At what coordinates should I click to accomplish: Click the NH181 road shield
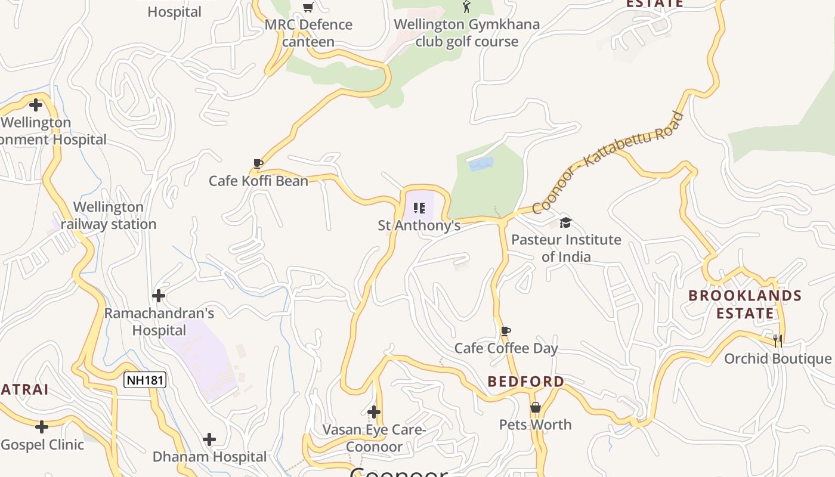144,380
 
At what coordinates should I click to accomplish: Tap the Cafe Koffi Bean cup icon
258,163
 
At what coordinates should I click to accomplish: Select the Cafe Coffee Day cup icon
506,331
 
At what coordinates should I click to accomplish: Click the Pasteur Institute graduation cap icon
565,222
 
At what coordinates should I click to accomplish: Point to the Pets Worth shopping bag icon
536,407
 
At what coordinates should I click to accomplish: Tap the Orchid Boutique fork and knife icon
778,341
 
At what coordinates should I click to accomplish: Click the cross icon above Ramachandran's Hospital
159,296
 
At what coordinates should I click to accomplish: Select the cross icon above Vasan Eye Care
374,412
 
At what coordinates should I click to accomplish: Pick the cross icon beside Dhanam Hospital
209,440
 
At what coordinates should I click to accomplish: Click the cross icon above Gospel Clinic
42,427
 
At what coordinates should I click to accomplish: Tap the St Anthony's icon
419,208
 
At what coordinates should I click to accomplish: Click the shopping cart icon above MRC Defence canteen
308,7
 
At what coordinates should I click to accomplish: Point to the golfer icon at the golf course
466,7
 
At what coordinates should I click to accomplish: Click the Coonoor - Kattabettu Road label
607,162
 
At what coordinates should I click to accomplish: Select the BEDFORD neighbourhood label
525,382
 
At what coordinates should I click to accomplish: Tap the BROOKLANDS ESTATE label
745,304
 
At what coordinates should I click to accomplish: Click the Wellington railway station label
109,216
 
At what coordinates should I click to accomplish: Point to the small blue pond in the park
481,164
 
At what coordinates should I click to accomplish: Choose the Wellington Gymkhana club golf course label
467,33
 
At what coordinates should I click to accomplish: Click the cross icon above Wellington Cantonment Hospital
36,105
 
